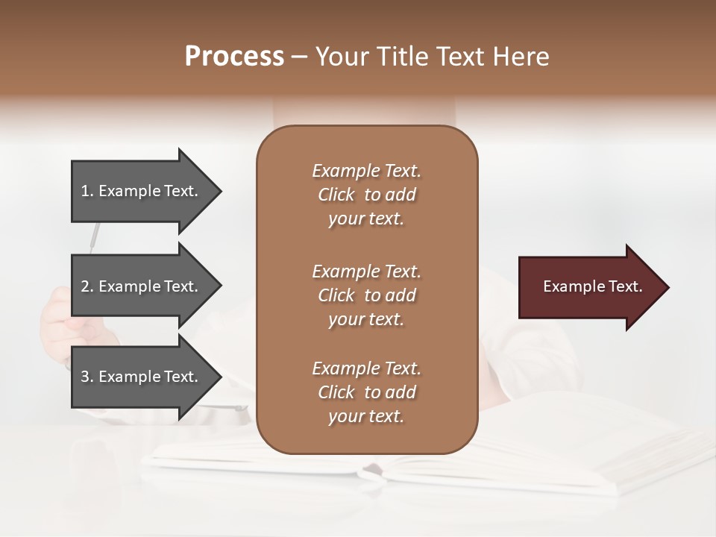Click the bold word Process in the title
tap(234, 57)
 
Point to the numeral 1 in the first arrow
tap(85, 192)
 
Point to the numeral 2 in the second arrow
tap(85, 287)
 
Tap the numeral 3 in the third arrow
tap(85, 377)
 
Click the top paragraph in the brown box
tap(366, 195)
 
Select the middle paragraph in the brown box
tap(366, 295)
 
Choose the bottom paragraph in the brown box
tap(366, 392)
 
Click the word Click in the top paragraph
tap(336, 195)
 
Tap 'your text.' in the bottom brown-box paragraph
tap(366, 417)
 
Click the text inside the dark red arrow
tap(592, 286)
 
